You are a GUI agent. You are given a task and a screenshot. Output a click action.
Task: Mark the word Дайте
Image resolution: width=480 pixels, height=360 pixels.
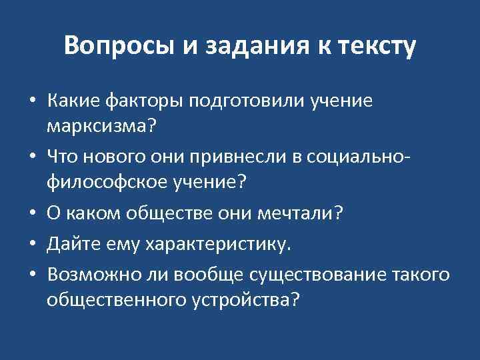pos(69,245)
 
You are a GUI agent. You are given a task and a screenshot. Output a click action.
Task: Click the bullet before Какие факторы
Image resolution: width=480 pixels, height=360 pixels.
pos(32,102)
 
